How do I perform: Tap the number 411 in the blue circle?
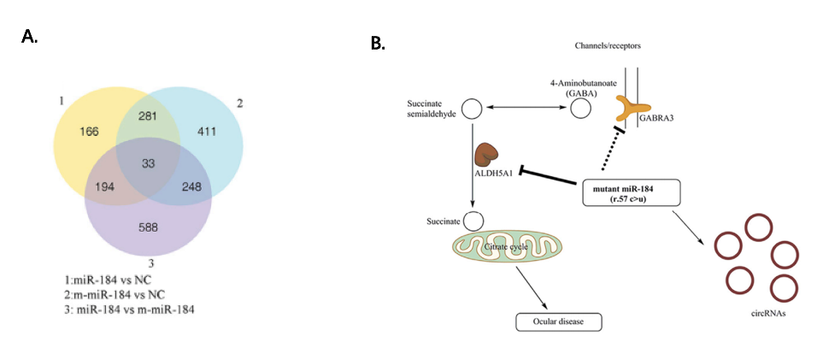(x=207, y=132)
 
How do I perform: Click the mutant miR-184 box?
(x=632, y=192)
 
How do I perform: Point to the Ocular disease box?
(x=559, y=322)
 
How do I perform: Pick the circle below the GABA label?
(x=580, y=109)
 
